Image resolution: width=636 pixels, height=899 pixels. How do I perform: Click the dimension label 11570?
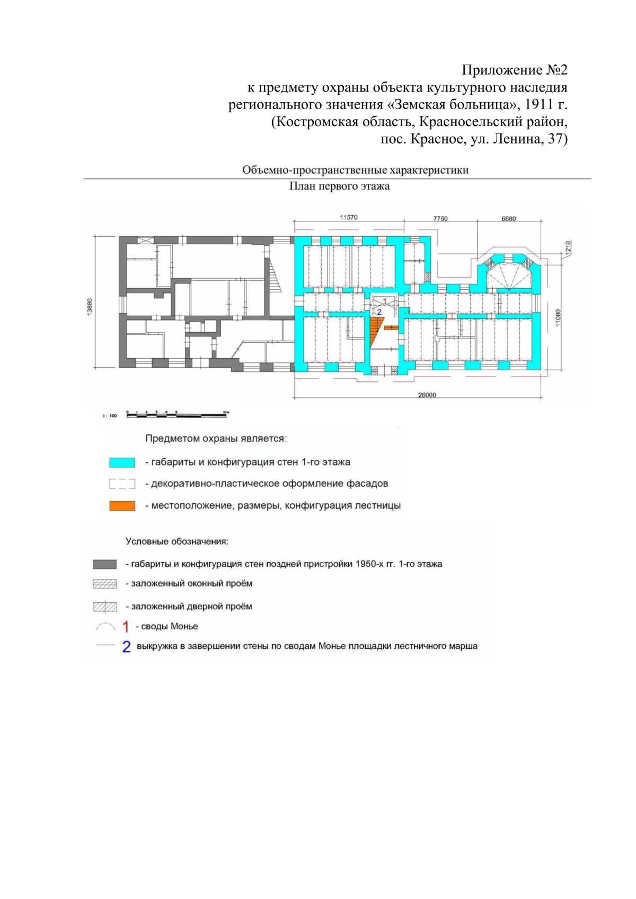348,218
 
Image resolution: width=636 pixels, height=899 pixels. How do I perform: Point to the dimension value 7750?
440,219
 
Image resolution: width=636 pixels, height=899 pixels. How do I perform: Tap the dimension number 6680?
508,219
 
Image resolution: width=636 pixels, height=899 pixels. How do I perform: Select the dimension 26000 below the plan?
427,395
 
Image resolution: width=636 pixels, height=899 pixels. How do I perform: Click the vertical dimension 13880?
90,307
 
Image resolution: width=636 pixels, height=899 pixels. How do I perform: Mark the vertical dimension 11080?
558,317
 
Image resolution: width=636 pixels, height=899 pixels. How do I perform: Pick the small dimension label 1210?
568,247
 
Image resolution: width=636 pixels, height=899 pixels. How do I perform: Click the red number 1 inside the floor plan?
384,301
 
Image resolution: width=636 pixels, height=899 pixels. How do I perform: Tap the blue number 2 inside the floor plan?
379,311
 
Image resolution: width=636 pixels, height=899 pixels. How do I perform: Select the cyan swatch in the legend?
122,462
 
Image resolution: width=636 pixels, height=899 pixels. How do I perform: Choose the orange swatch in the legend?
122,506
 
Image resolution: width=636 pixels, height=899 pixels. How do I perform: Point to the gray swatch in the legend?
105,564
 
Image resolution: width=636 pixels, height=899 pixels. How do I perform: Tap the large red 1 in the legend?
126,627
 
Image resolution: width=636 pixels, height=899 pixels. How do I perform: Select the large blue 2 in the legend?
127,646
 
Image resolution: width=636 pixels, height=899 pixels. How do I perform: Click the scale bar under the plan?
176,415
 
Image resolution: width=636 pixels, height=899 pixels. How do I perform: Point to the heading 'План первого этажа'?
339,186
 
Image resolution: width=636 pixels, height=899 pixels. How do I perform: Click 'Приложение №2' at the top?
514,70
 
